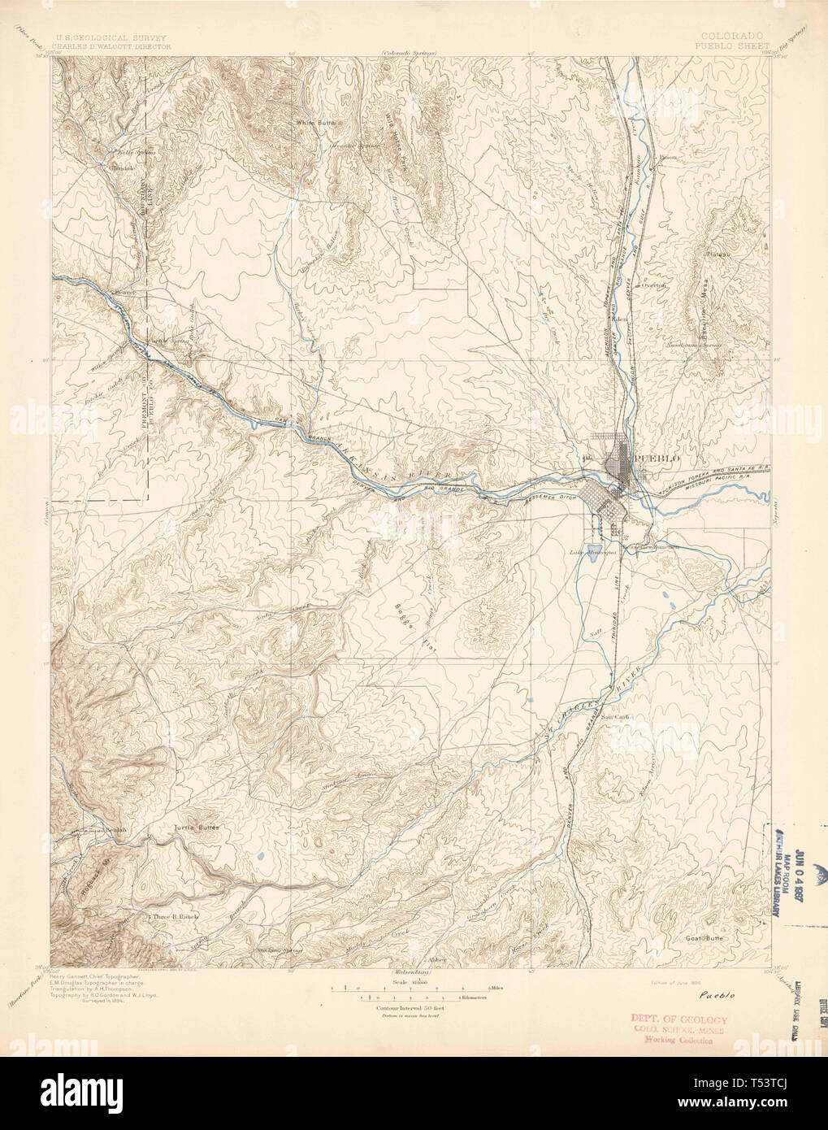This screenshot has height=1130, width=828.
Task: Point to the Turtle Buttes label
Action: [197, 828]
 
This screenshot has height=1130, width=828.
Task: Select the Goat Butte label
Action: [704, 937]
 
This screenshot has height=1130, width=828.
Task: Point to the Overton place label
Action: [654, 285]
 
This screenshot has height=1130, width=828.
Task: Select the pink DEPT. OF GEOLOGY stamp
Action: [678, 1019]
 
